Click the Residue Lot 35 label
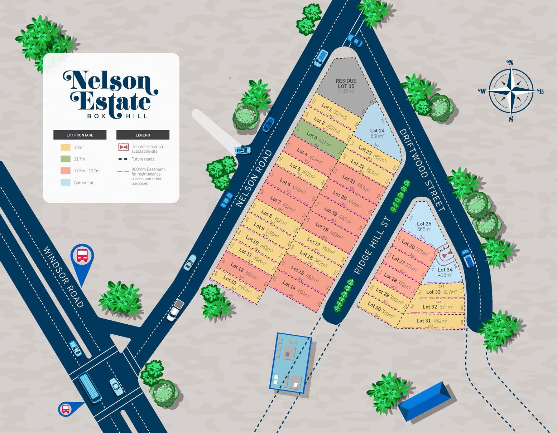(346, 86)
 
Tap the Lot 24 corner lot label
(377, 133)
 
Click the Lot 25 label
(424, 226)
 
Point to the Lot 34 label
(445, 272)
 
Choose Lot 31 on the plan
(432, 321)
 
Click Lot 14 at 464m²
(296, 289)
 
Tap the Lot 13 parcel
(237, 284)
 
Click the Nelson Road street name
(254, 178)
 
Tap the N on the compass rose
(511, 63)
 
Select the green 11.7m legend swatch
(66, 159)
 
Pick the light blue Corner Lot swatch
(66, 183)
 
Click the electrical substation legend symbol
(124, 147)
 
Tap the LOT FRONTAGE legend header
(80, 135)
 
